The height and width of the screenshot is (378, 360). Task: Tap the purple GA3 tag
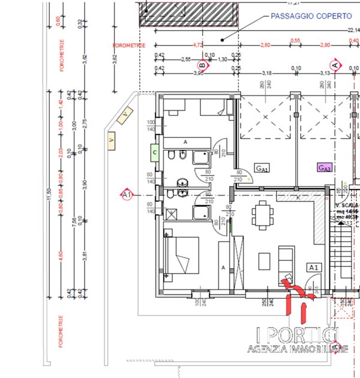(325, 168)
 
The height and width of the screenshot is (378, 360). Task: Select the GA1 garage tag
(261, 168)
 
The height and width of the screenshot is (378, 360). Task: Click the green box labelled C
(154, 152)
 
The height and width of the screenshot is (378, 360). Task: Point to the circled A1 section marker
(127, 195)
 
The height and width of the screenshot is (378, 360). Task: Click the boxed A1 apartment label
(314, 268)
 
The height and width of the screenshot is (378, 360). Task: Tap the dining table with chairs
(262, 212)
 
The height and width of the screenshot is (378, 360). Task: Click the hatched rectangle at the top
(190, 13)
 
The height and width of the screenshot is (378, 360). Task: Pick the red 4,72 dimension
(196, 44)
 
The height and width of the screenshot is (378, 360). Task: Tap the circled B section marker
(203, 65)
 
